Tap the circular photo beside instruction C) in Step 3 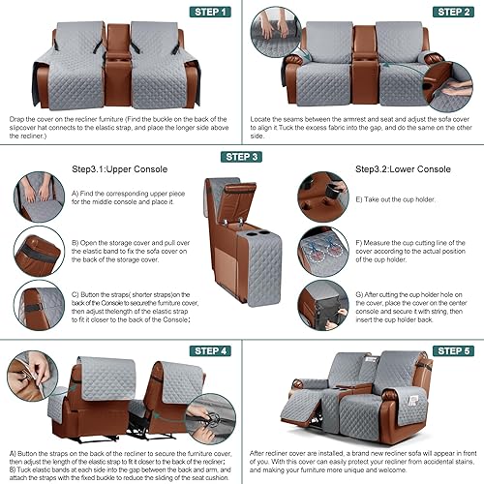click(x=33, y=305)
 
